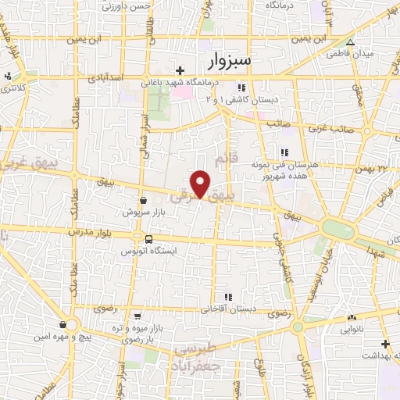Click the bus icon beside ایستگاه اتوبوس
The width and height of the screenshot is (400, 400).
pyautogui.click(x=148, y=238)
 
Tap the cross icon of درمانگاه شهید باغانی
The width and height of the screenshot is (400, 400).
pyautogui.click(x=180, y=70)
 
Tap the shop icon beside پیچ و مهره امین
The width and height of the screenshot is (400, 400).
pyautogui.click(x=62, y=324)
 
